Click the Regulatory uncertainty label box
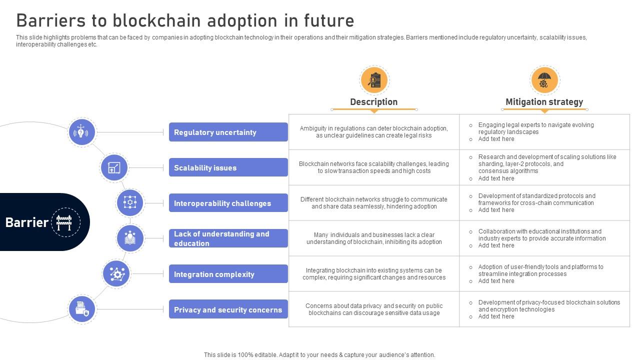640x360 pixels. click(228, 132)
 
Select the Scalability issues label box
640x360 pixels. click(228, 167)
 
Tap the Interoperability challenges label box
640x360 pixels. click(228, 203)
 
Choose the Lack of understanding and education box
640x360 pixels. click(228, 238)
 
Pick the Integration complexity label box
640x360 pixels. click(228, 274)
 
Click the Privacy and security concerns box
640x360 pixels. click(228, 309)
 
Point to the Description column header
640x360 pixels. click(373, 102)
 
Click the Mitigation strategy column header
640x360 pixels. click(544, 102)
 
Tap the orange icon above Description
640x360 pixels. click(374, 80)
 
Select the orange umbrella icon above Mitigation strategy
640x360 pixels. click(544, 80)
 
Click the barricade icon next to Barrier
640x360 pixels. click(65, 222)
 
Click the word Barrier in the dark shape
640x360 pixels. click(27, 222)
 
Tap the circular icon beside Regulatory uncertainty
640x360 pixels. click(81, 132)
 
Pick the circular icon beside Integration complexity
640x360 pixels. click(116, 274)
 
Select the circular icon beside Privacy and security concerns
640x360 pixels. click(81, 309)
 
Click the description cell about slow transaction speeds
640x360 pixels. click(374, 167)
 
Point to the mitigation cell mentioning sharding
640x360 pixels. click(544, 167)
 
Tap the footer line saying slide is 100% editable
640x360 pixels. click(319, 355)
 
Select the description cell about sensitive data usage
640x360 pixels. click(374, 309)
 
